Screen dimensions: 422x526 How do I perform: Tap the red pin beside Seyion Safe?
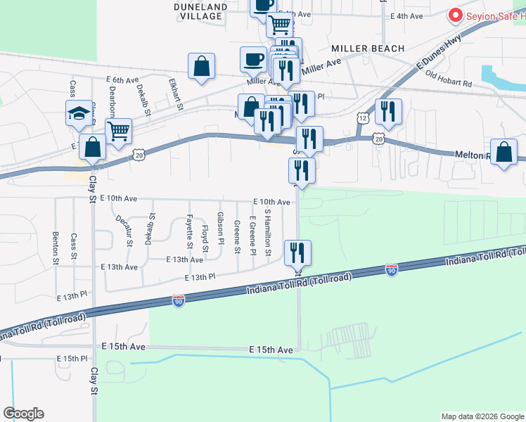coord(455,15)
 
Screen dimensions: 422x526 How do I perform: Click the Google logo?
coord(23,414)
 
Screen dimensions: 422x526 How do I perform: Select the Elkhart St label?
coord(175,94)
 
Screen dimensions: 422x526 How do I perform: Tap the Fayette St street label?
coord(189,231)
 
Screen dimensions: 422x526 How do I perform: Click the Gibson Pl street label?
coord(221,228)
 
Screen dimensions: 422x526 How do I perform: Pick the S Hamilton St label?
coord(267,232)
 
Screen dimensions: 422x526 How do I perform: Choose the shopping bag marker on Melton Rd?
coord(504,152)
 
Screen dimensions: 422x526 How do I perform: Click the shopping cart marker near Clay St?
coord(119,130)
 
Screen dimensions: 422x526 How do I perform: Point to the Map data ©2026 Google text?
coord(482,416)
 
